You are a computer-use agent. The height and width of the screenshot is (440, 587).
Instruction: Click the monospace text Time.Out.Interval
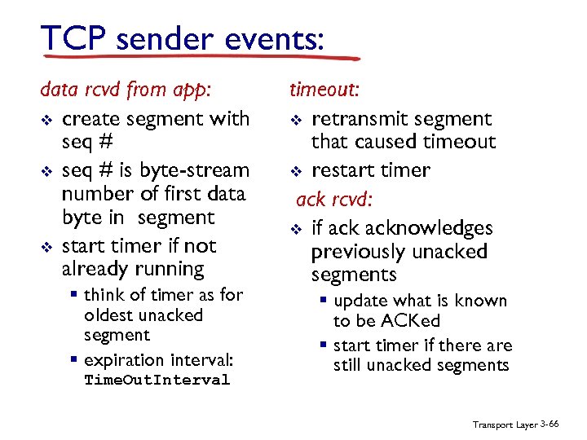click(157, 381)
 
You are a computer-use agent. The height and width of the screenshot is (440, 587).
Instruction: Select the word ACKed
click(386, 321)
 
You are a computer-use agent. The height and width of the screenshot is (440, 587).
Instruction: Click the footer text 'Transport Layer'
click(505, 425)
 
